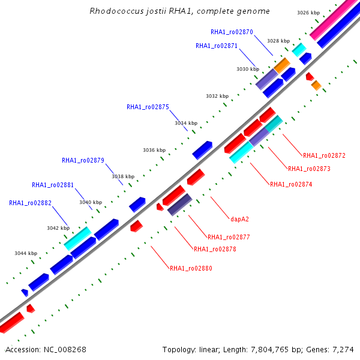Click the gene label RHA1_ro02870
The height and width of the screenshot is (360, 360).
[x=232, y=32]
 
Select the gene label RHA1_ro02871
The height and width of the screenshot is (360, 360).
[x=217, y=46]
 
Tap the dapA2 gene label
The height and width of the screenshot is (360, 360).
[x=239, y=219]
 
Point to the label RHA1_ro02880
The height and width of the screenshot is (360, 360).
[x=191, y=268]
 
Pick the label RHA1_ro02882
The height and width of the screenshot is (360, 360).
[x=30, y=203]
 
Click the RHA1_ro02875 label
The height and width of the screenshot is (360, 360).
[x=148, y=107]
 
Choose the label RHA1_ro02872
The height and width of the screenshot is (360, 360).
[x=324, y=155]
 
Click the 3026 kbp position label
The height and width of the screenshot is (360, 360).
[x=308, y=13]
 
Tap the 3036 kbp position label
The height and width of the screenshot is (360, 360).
[x=154, y=150]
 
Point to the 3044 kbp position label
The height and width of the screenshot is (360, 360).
[x=26, y=253]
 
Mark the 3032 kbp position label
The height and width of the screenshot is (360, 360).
[x=217, y=96]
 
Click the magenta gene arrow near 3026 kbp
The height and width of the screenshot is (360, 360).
[x=333, y=19]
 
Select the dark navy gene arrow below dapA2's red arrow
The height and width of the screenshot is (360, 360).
[x=180, y=205]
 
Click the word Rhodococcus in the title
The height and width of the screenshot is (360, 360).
[x=116, y=11]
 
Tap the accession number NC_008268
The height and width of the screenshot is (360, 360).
[x=65, y=350]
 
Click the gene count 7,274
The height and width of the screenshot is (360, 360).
[x=343, y=350]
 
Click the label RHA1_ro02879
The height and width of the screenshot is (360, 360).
[x=83, y=160]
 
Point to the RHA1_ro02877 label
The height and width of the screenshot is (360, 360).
[x=229, y=237]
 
